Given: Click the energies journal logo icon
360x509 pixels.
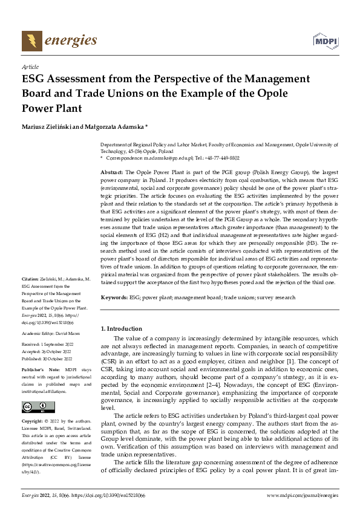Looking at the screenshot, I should point(30,41).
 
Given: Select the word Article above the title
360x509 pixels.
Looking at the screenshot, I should point(30,68).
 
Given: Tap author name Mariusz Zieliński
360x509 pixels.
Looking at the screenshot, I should point(50,127).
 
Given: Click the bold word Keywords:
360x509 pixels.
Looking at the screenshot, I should point(114,297).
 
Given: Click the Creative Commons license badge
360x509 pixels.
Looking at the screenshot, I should point(38,406).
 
